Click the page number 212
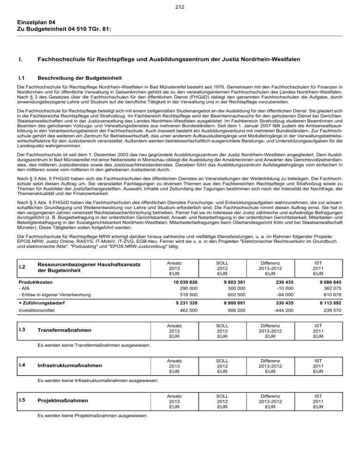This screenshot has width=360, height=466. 180,7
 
